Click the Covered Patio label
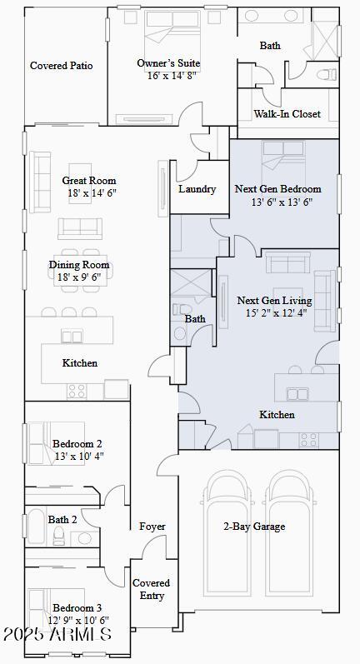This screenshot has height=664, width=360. point(61,66)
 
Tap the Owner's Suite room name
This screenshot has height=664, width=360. point(168,63)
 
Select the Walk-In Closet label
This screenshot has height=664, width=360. point(287,114)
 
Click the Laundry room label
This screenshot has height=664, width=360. point(197,189)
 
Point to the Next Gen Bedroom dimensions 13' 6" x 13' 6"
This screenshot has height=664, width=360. point(282,202)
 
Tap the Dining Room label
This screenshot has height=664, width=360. point(79,265)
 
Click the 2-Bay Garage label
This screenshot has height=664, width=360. point(254,527)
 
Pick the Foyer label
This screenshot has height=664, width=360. point(152,527)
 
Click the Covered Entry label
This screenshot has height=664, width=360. point(152,589)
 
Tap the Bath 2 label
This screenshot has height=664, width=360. point(62,520)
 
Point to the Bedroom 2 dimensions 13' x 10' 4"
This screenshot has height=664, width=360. point(77,457)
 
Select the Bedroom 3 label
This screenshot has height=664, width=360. point(77,607)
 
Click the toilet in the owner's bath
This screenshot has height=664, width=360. point(326,73)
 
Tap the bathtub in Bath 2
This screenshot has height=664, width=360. point(36,526)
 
